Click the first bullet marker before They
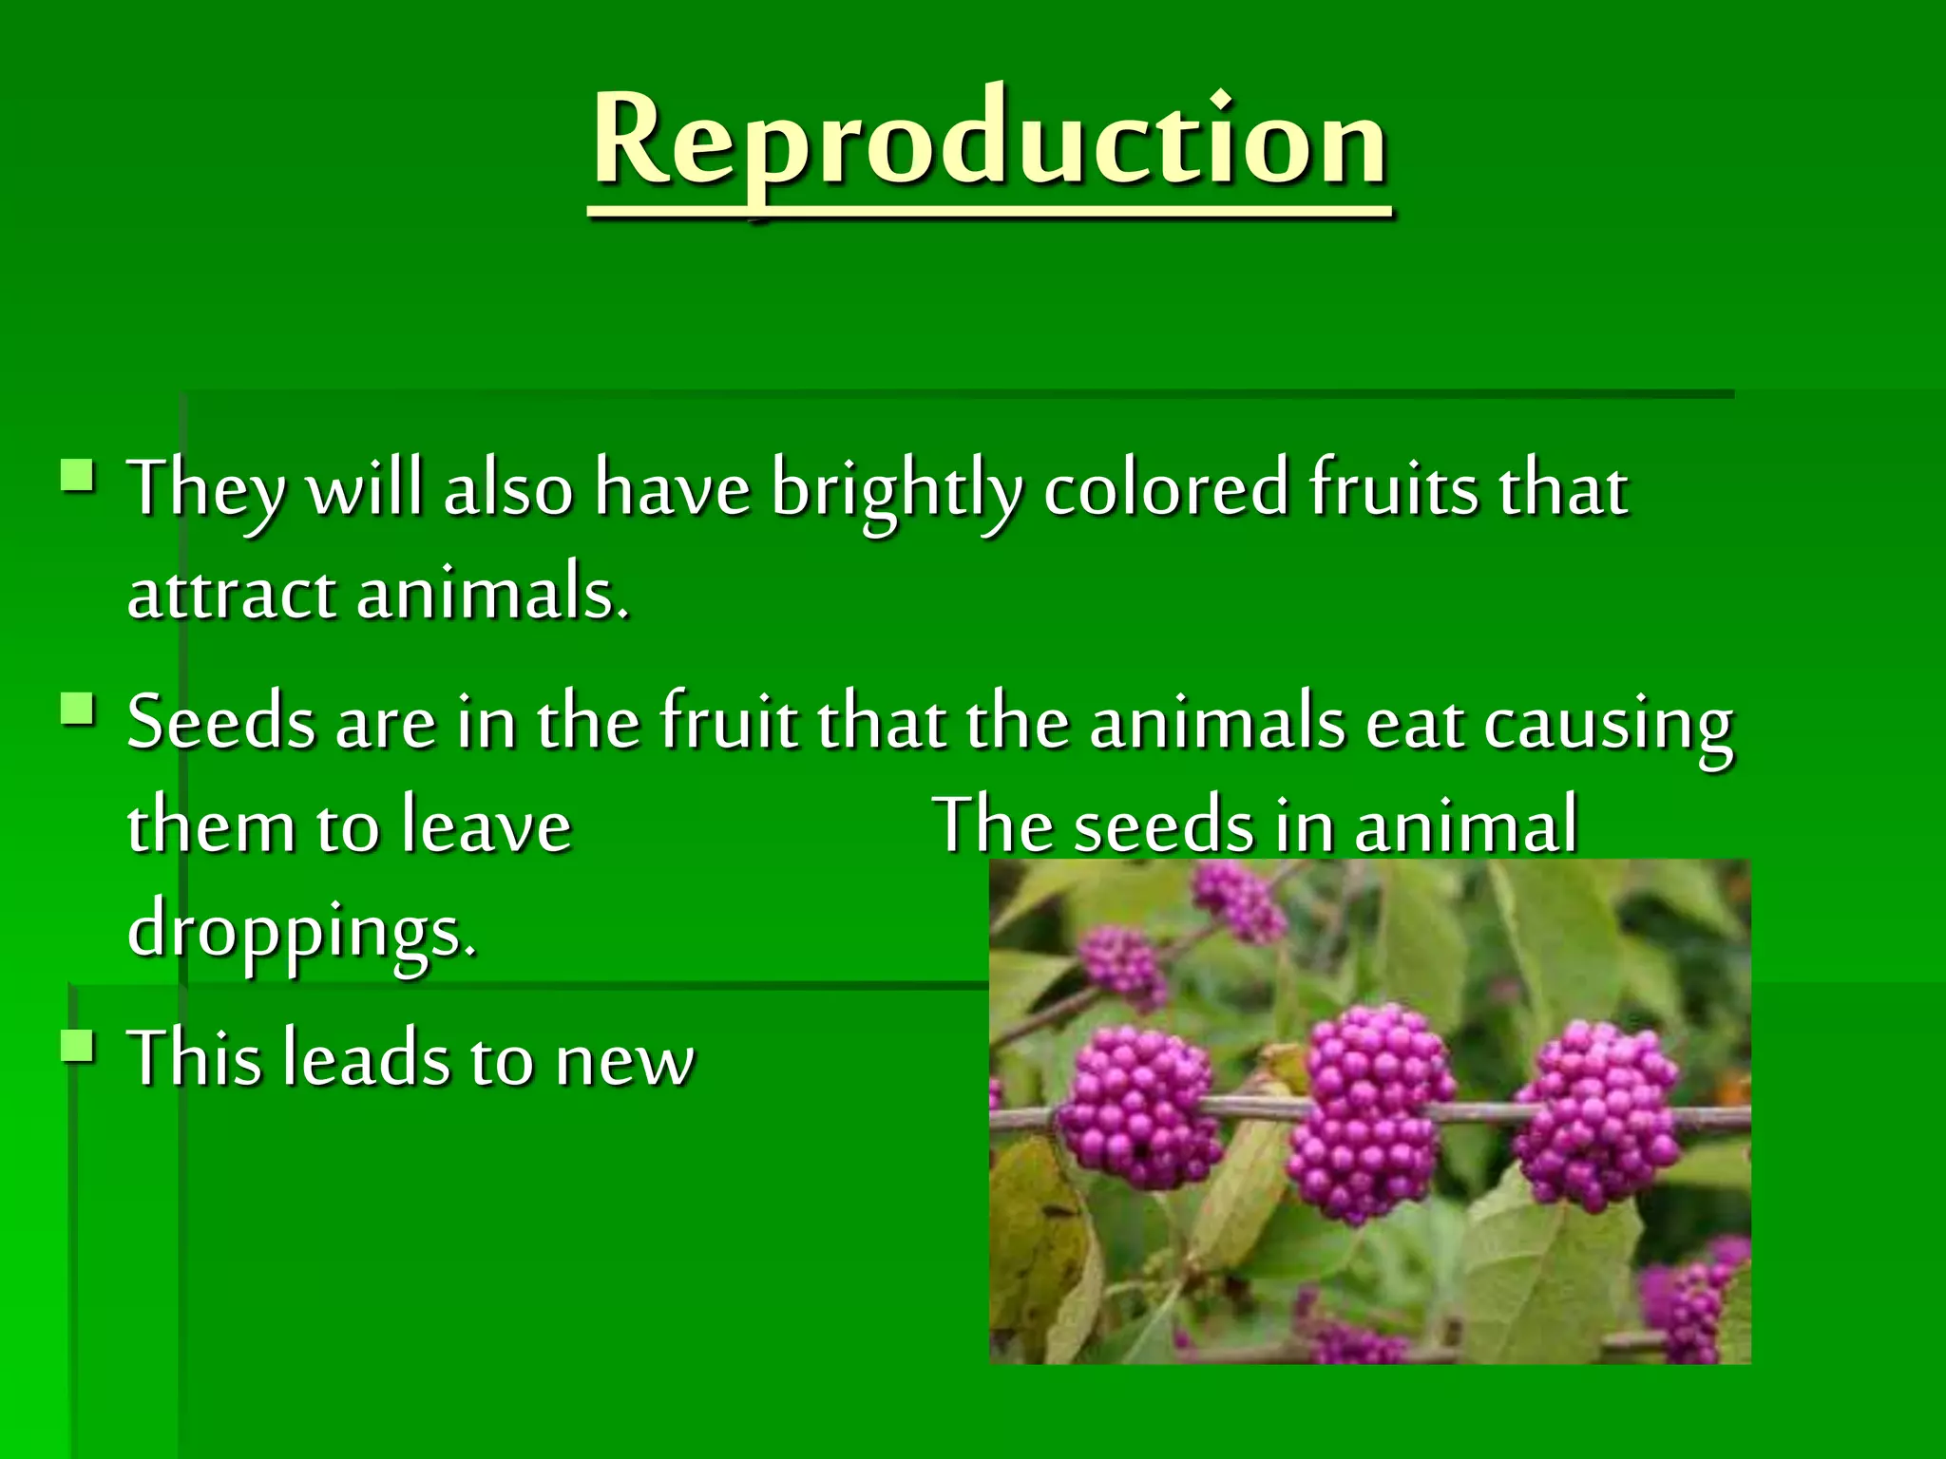77,474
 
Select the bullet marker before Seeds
77,709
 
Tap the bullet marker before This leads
77,1046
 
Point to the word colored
1166,489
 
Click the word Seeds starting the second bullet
220,723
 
